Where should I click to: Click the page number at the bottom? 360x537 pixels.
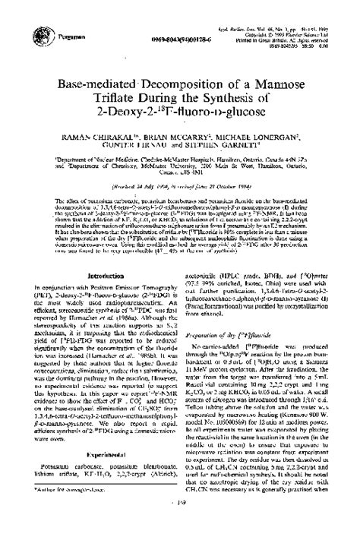click(x=179, y=521)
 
